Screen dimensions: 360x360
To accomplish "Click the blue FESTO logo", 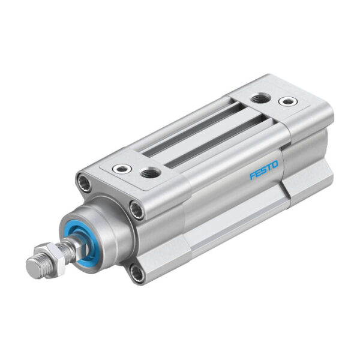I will pyautogui.click(x=264, y=173).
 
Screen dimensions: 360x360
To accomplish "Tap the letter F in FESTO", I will pyautogui.click(x=253, y=177).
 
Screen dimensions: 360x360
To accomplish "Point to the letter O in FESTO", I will pyautogui.click(x=276, y=169).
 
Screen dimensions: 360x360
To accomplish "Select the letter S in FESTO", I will pyautogui.click(x=264, y=173).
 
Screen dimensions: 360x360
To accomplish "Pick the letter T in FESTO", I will pyautogui.click(x=270, y=171).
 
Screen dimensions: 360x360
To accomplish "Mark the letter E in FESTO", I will pyautogui.click(x=258, y=175).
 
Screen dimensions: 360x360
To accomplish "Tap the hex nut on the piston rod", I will pyautogui.click(x=49, y=252).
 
